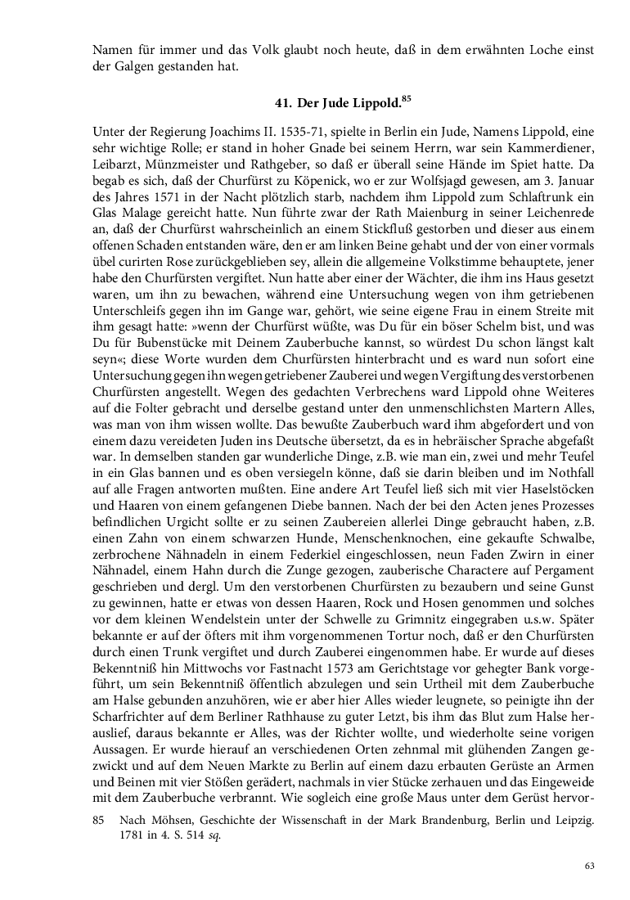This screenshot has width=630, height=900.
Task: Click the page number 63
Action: pos(588,865)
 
